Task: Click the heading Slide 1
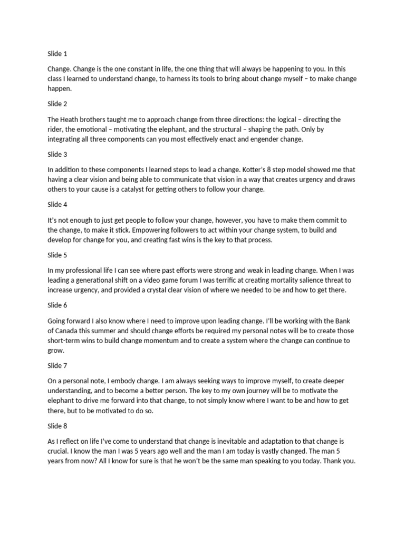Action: [x=57, y=54]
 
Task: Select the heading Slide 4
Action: [x=57, y=205]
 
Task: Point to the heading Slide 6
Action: [x=57, y=305]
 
